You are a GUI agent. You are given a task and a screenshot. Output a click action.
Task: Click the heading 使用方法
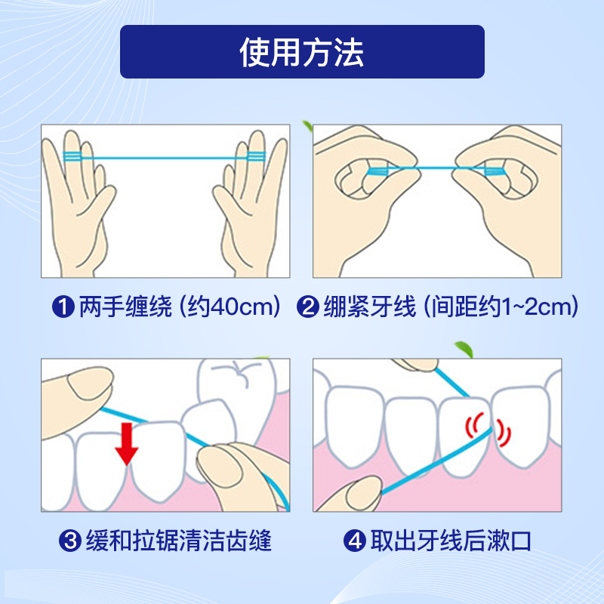point(301,52)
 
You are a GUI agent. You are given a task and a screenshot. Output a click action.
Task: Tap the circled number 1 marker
point(63,307)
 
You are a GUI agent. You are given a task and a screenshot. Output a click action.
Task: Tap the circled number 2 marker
point(308,307)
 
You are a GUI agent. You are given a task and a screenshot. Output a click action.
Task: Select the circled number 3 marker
point(70,541)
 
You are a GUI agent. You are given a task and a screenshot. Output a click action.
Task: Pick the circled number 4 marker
point(354,541)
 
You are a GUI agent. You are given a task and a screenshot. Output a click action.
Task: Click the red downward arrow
point(127,444)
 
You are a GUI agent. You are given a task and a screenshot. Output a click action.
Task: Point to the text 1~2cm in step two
point(536,307)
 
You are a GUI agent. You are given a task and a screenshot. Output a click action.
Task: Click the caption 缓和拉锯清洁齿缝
point(179,541)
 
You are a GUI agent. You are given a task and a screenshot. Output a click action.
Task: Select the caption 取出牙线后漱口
point(451,541)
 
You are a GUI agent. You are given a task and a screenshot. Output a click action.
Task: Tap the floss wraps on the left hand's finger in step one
point(72,156)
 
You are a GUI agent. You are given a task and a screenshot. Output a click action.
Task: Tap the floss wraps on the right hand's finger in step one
point(256,156)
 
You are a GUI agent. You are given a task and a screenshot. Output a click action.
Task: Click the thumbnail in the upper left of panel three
point(91,383)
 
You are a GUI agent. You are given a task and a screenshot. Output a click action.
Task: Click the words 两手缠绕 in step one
point(125,307)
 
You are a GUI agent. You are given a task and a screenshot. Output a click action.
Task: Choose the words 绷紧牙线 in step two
point(370,307)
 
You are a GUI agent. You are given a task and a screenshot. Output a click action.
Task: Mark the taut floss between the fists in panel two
point(436,168)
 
